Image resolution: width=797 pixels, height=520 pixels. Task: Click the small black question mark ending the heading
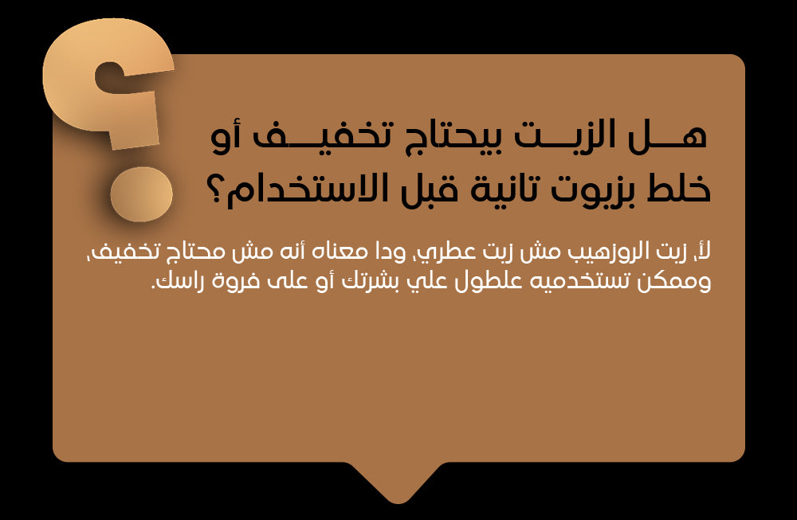coord(218,192)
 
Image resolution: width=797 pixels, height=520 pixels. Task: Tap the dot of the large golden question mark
coord(141,194)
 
